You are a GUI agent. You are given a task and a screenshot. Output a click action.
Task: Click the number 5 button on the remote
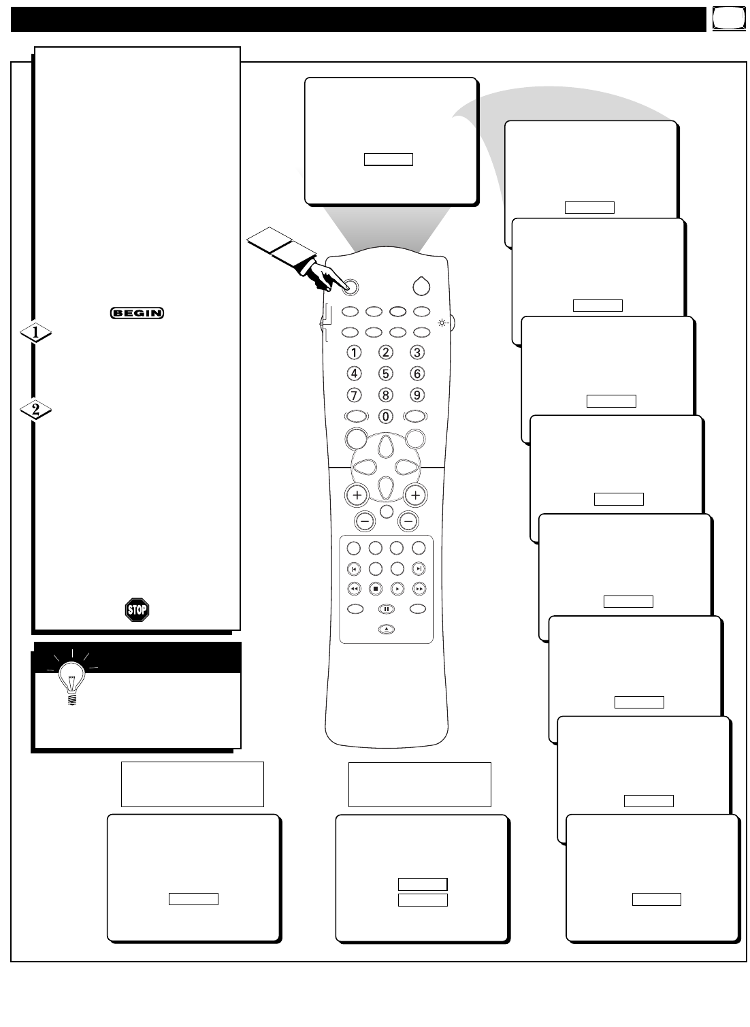click(x=385, y=373)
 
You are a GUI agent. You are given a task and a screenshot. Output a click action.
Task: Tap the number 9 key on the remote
click(x=417, y=395)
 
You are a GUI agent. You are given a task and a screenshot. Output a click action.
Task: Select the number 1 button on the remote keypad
click(x=353, y=352)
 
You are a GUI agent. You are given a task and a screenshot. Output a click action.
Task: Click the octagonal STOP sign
click(x=137, y=610)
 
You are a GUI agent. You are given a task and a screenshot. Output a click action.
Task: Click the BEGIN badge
click(x=137, y=313)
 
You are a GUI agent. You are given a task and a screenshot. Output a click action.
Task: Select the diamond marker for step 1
click(x=35, y=332)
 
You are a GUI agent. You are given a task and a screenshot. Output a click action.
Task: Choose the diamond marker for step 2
click(x=35, y=410)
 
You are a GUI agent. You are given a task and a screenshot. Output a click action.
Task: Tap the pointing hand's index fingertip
click(x=346, y=288)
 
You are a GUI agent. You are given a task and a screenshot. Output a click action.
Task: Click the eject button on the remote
click(x=386, y=630)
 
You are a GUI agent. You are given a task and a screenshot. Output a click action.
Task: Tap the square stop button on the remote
click(x=376, y=589)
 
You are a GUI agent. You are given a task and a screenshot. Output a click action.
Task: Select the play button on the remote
click(x=397, y=589)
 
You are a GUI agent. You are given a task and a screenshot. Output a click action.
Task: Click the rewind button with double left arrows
click(x=354, y=589)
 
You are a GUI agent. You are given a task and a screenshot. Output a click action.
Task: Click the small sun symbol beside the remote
click(x=442, y=323)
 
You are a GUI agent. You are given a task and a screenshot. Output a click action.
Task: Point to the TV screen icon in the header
click(x=729, y=18)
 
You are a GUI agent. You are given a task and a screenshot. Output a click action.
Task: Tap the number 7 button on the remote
click(x=353, y=395)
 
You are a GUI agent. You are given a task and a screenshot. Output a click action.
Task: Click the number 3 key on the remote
click(x=417, y=352)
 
